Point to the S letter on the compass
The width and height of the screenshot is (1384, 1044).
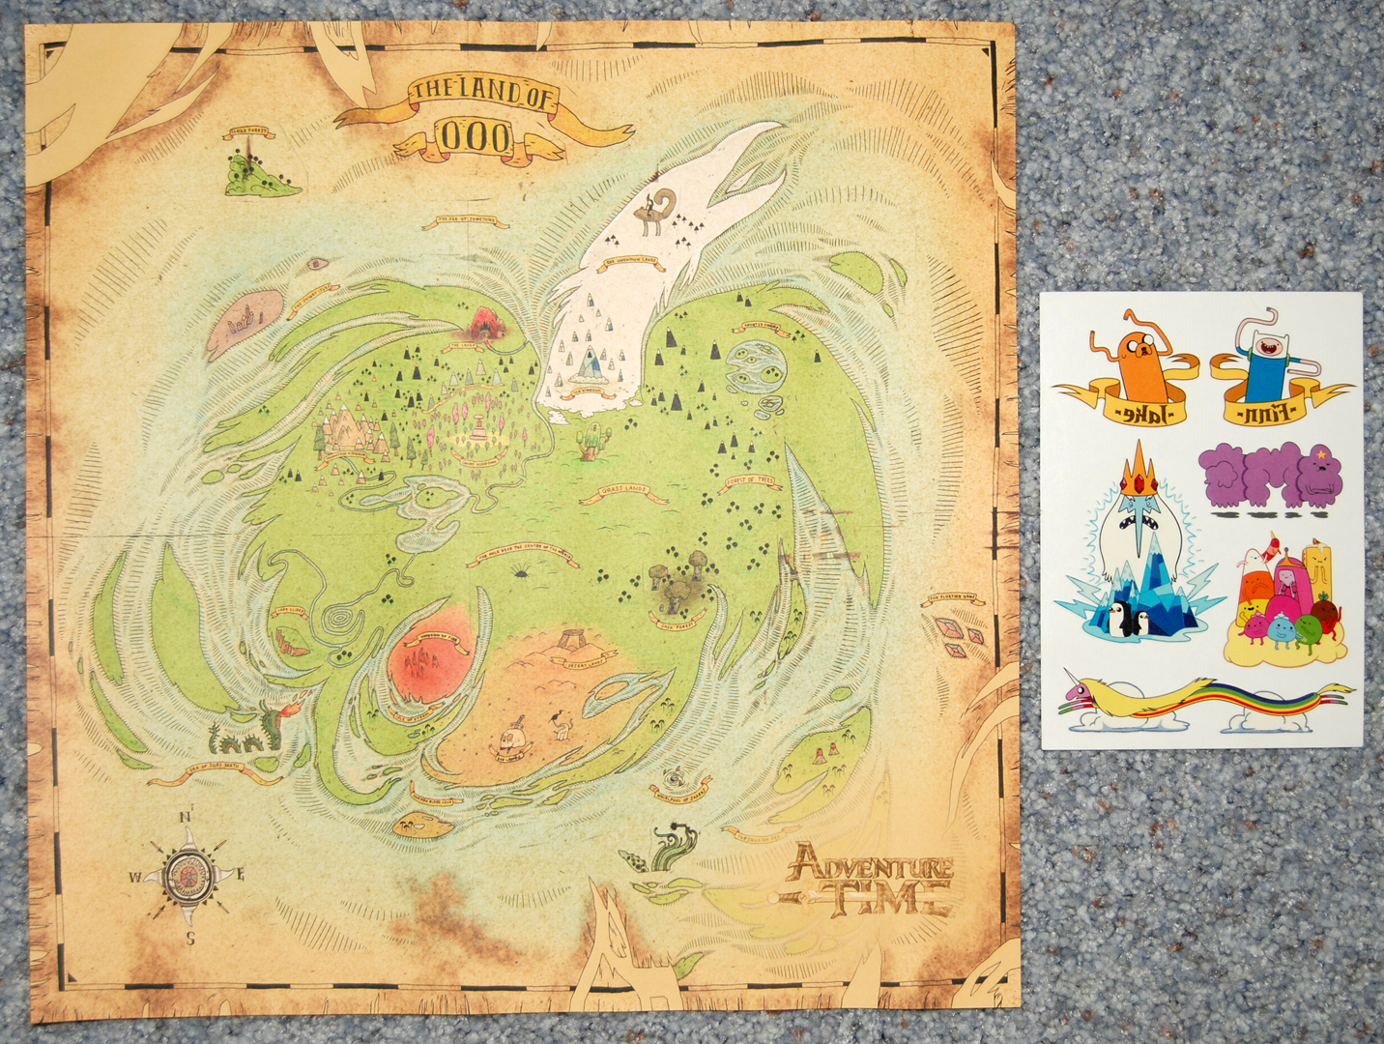click(191, 937)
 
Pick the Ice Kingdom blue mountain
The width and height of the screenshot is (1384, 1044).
click(587, 362)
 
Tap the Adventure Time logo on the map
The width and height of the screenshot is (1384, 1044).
click(869, 880)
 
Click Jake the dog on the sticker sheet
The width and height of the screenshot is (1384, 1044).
click(1128, 353)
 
